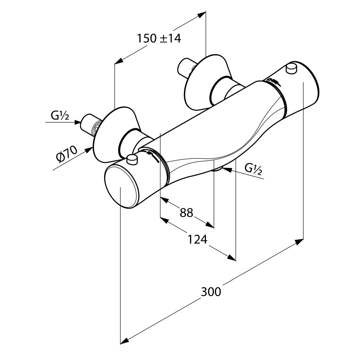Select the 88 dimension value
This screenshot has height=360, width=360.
pyautogui.click(x=186, y=212)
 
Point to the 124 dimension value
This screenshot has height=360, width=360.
pyautogui.click(x=197, y=239)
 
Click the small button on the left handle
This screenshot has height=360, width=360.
pyautogui.click(x=132, y=160)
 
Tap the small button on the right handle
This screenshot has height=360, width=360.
pyautogui.click(x=291, y=68)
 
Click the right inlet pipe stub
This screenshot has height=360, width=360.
pyautogui.click(x=185, y=69)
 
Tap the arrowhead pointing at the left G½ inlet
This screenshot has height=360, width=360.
pyautogui.click(x=78, y=122)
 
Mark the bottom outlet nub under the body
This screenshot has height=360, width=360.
pyautogui.click(x=218, y=169)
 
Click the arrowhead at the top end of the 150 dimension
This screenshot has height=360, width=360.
pyautogui.click(x=201, y=15)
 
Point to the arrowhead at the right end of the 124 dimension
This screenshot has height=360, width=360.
pyautogui.click(x=231, y=258)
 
